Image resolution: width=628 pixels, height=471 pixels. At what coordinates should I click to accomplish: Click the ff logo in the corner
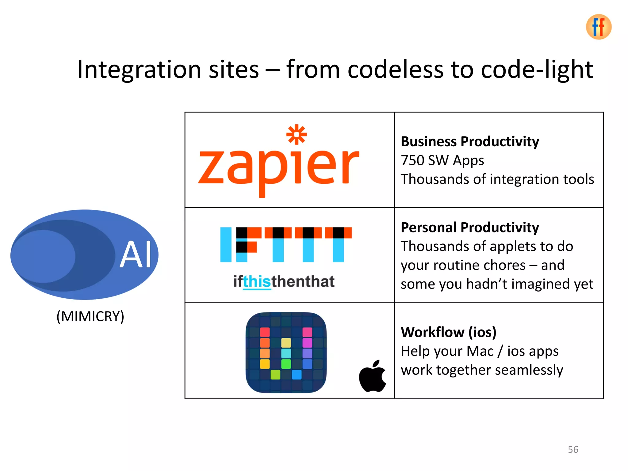coord(598,27)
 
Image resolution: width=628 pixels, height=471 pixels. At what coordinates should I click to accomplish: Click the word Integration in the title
coord(138,70)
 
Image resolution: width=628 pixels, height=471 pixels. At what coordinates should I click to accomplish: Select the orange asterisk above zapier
coord(296,135)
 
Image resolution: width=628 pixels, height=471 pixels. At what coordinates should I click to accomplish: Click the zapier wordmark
coord(278,167)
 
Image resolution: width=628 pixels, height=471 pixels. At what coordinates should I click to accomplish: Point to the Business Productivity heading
coord(469,142)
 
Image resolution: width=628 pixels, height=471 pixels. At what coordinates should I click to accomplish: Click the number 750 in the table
coord(412,160)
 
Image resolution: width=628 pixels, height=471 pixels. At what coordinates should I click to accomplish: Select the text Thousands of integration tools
coord(497,179)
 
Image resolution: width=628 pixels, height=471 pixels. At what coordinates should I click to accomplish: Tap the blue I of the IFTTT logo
coord(226,244)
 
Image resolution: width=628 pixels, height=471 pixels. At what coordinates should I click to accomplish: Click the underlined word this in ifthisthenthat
coord(257,281)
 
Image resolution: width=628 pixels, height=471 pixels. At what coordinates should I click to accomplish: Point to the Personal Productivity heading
coord(469,228)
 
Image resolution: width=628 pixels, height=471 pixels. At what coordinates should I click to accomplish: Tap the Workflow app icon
coord(286,352)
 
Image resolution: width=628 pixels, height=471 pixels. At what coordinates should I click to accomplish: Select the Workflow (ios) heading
coord(448,332)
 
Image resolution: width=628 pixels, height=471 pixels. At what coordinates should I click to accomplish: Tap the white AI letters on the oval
coord(136,254)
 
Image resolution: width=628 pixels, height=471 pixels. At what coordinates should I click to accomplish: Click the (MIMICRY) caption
coord(90,316)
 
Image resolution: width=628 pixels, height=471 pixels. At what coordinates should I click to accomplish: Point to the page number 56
coord(572,450)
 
